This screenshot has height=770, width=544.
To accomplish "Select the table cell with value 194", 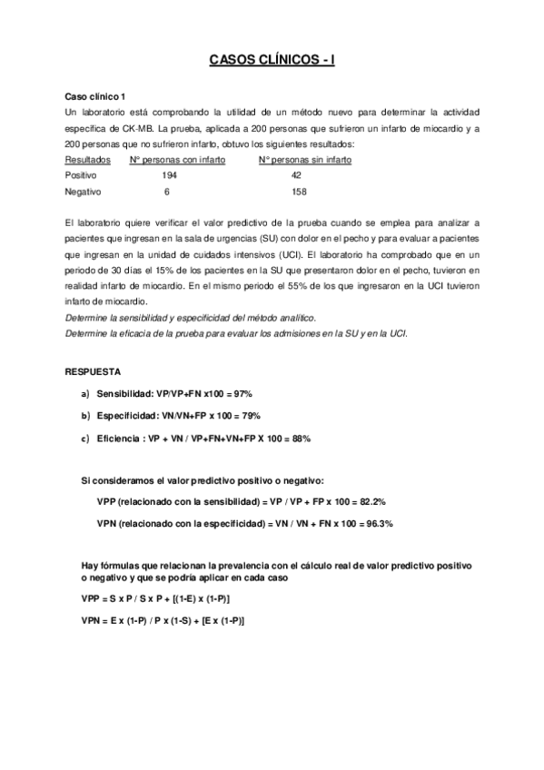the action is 170,175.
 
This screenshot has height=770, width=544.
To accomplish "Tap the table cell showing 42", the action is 296,175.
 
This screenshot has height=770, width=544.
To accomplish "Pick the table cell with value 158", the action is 299,192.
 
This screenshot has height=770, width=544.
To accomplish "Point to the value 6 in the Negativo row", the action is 167,192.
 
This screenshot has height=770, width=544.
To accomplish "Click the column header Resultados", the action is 88,160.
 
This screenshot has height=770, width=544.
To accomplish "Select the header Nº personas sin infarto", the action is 305,160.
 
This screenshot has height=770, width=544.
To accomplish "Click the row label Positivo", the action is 81,175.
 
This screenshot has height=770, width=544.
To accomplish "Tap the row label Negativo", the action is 84,192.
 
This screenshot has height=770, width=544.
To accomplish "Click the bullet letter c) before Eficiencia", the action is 85,439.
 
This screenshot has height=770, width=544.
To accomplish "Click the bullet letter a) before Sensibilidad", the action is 85,394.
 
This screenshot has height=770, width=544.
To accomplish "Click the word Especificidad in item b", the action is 130,416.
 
